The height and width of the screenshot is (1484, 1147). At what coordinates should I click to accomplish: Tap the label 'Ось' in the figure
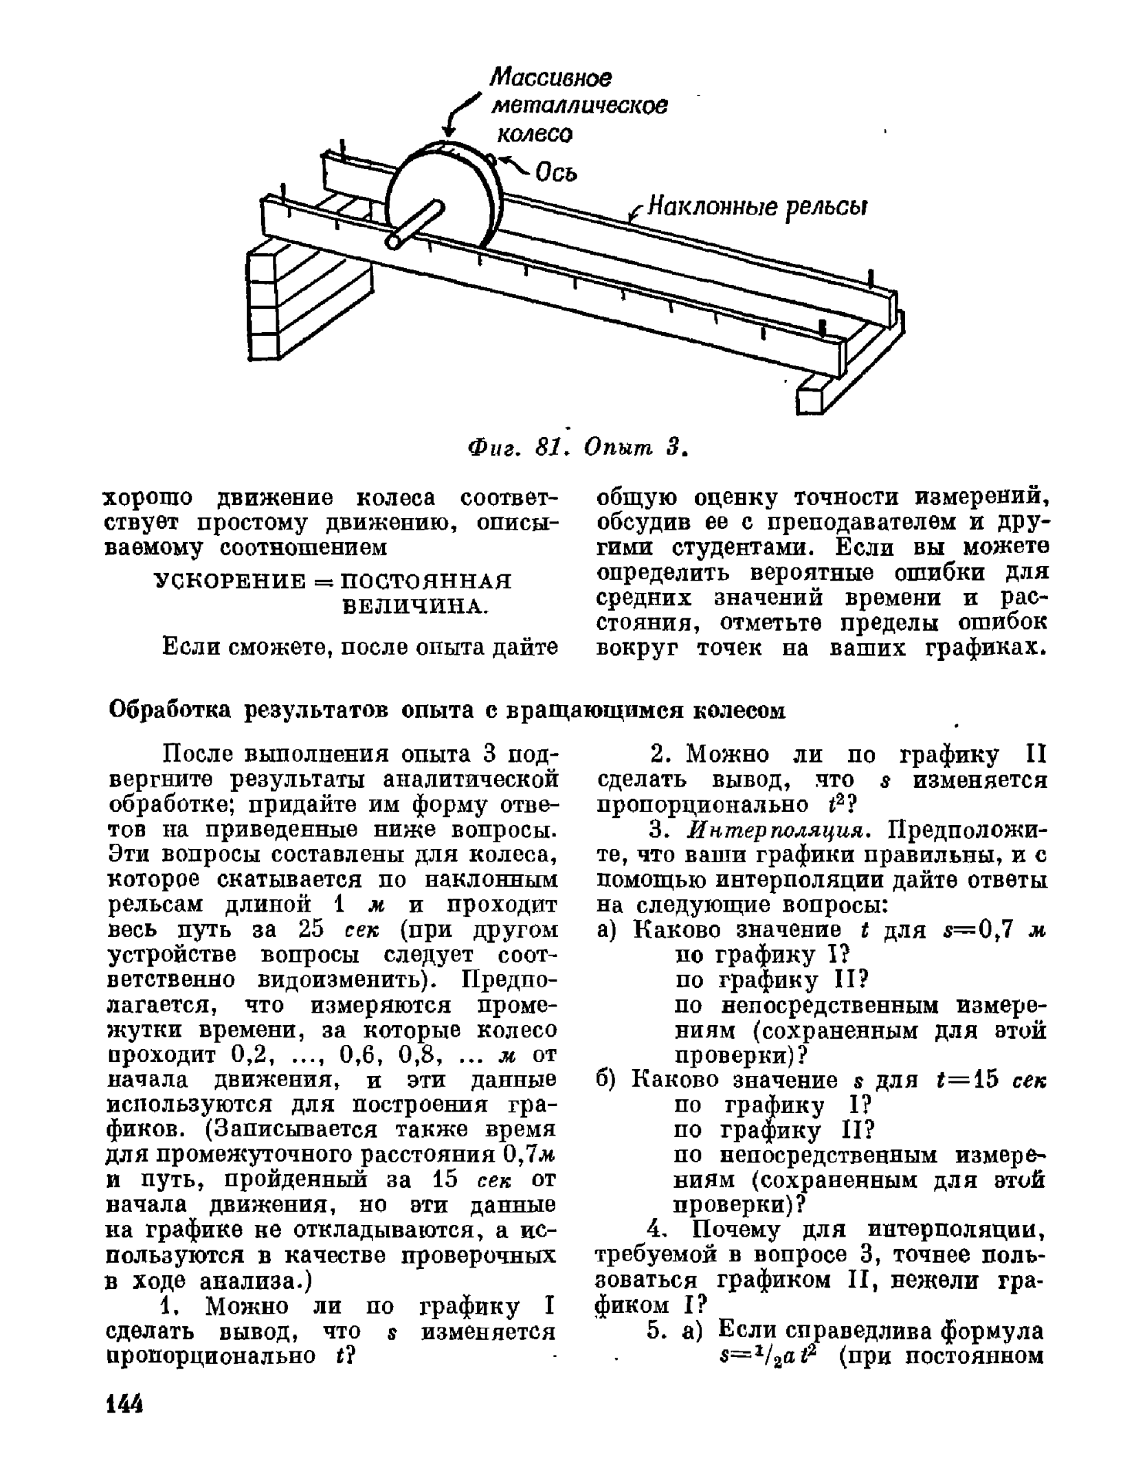557,174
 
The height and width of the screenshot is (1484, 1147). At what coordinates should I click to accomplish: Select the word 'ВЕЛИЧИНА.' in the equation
415,607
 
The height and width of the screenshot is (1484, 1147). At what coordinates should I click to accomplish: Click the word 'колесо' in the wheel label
534,135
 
